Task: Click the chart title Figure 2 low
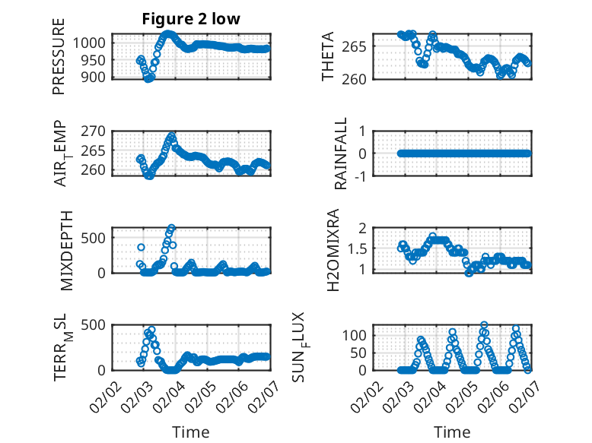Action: (191, 19)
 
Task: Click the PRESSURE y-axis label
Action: (59, 56)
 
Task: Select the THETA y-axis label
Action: (328, 56)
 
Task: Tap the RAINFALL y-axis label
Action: (342, 153)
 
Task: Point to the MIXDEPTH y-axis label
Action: (66, 250)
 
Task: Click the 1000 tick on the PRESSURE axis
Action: (94, 43)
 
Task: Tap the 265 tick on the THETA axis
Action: (360, 46)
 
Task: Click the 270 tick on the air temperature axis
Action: (97, 131)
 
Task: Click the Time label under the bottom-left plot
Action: (191, 432)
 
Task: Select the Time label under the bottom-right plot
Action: (452, 432)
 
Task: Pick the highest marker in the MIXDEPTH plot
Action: (172, 227)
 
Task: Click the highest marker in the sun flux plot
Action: (484, 325)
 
